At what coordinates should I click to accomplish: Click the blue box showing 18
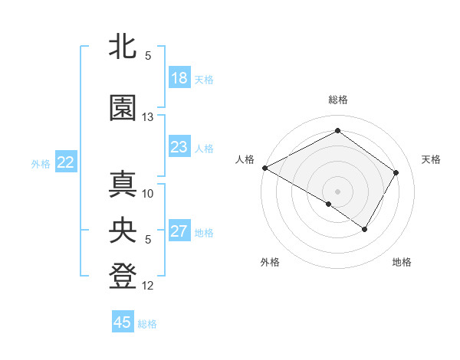coord(179,78)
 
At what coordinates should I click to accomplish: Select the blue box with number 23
coord(179,147)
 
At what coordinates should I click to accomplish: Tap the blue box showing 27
coord(179,231)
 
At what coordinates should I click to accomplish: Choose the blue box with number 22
coord(66,162)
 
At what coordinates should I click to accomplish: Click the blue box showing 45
coord(123,322)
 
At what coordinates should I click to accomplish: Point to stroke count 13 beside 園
coord(149,117)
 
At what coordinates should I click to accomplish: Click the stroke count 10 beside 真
coord(149,194)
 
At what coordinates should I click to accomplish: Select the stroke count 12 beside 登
coord(149,286)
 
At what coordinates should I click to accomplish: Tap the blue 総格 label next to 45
coord(147,324)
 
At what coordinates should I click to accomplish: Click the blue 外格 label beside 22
coord(41,164)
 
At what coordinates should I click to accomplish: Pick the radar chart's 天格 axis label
coord(431,159)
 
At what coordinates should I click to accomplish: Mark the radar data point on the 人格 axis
coord(264,168)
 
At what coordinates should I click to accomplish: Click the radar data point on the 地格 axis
coord(365,229)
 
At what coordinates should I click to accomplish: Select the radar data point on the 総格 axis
coord(337,131)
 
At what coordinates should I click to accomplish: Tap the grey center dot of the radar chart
coord(337,191)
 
